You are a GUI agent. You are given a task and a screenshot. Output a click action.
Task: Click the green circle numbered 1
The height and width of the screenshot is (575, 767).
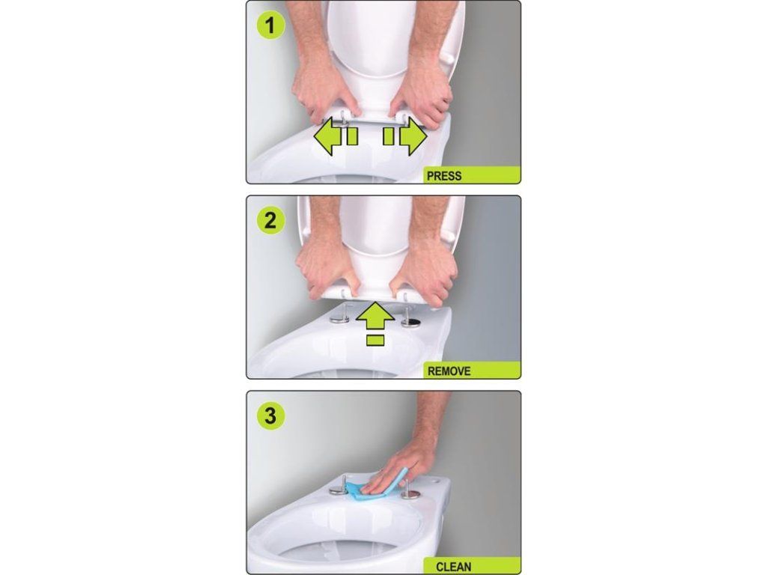(x=270, y=26)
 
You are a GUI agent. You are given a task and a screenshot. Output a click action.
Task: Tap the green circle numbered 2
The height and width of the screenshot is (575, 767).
(x=270, y=220)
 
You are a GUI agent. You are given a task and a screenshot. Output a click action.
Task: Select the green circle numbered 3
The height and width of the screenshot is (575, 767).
(x=270, y=416)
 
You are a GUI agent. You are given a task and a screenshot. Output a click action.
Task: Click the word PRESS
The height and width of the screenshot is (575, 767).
(x=444, y=176)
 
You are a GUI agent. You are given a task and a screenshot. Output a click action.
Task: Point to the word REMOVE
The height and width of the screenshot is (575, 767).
(x=449, y=371)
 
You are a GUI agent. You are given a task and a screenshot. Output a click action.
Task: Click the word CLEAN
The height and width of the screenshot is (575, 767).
(x=453, y=567)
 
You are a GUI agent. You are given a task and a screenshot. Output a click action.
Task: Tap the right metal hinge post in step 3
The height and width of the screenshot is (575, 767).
(x=410, y=490)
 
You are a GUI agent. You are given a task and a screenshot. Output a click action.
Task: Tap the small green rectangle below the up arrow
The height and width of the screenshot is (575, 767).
(x=375, y=341)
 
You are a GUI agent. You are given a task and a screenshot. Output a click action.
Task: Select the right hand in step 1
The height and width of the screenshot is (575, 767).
(x=422, y=93)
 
